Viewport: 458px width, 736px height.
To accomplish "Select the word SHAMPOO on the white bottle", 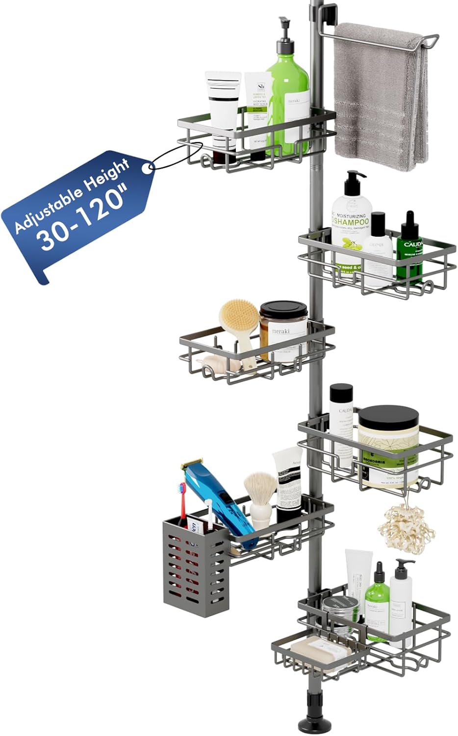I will point(351,222).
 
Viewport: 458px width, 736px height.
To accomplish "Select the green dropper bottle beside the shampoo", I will point(409,245).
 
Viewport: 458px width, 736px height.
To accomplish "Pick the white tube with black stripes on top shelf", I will point(223,105).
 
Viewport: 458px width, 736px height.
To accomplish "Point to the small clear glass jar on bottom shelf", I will point(340,616).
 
